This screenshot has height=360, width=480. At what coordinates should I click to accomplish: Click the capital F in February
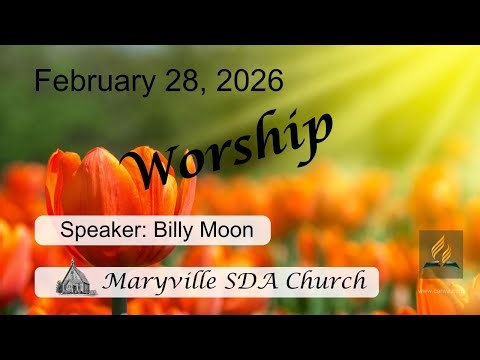pos(42,81)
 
